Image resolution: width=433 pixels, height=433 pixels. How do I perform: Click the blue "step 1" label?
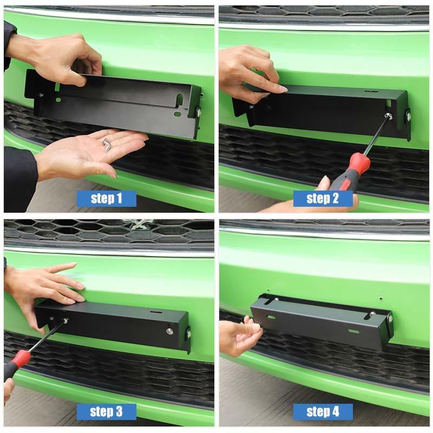[106, 198]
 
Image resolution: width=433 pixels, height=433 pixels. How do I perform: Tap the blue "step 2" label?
[323, 198]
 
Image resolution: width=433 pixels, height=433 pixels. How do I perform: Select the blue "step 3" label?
[106, 411]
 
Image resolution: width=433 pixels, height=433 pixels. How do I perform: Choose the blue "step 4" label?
[323, 411]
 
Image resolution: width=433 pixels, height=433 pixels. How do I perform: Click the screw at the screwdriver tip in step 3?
[64, 321]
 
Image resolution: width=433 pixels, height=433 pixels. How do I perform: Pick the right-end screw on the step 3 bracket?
[170, 330]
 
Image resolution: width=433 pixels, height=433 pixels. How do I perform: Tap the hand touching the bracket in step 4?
[238, 336]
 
